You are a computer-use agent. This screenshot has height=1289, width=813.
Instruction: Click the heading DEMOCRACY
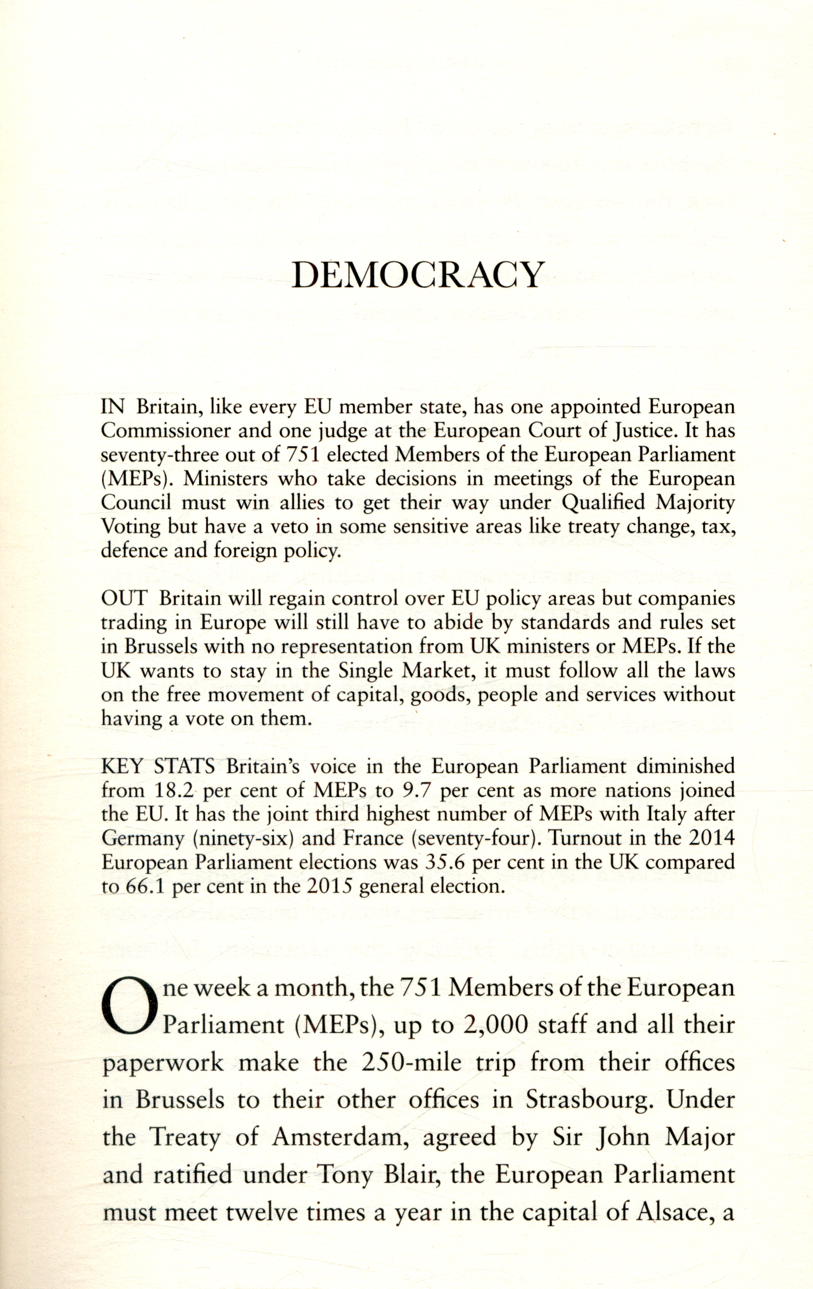(417, 275)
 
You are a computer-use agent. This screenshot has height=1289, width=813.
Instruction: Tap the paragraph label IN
(113, 407)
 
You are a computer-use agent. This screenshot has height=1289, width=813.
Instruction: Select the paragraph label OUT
(124, 598)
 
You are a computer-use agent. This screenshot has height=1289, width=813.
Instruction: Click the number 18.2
(176, 790)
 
